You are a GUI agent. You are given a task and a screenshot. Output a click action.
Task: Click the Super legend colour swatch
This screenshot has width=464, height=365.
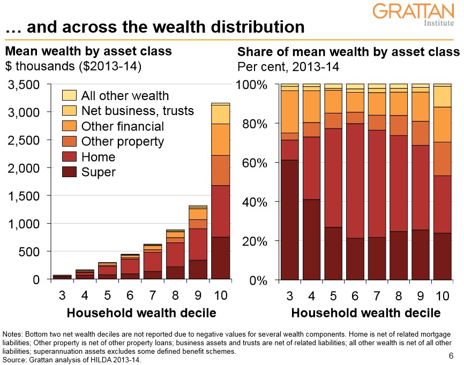coord(70,172)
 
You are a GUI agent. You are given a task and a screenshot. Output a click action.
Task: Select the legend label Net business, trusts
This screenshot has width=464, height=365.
coord(137,111)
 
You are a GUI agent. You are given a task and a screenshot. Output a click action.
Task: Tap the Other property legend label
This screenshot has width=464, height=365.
coord(122,142)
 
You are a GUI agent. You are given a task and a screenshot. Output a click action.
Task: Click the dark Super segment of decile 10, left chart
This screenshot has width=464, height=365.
coord(220,257)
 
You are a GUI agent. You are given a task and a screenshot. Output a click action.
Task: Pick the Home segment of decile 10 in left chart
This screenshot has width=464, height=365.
coord(220,211)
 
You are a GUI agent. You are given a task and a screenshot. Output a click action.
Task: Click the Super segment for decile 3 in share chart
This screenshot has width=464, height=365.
coord(289,219)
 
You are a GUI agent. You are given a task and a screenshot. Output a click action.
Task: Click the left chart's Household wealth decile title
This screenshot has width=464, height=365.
coord(141,312)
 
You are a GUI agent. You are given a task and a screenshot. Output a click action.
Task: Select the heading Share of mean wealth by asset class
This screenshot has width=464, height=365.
coord(348,52)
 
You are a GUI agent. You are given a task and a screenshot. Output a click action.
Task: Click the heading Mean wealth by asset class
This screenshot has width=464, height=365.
coord(88,51)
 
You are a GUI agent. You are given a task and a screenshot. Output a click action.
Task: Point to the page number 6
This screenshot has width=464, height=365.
coord(450,356)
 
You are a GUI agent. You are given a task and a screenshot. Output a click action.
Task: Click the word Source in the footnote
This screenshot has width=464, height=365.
coord(13,360)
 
